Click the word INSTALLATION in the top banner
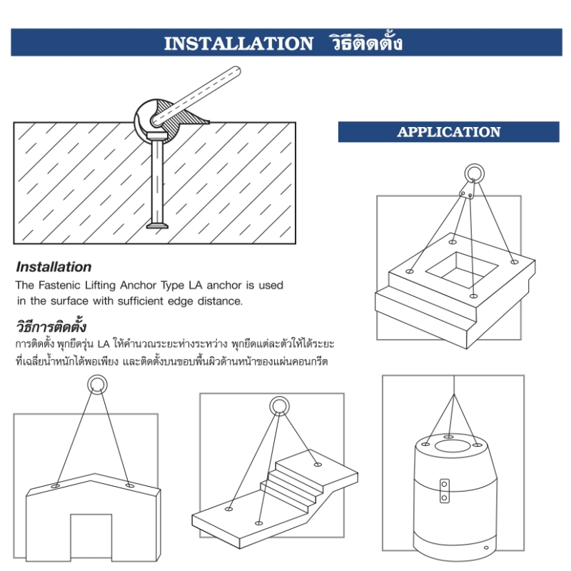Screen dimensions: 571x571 coord(238,44)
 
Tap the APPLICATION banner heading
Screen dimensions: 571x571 coord(449,132)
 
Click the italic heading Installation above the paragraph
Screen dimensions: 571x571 coord(54,267)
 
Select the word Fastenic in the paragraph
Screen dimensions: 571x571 coord(59,285)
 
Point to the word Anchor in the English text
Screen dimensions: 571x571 coord(138,285)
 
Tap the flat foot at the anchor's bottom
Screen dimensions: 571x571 coord(157,226)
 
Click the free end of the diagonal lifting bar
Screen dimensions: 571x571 coord(236,71)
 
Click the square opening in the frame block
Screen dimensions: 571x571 coord(461,270)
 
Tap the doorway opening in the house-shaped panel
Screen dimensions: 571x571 coord(91,537)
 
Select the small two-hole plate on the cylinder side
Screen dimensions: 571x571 coord(444,491)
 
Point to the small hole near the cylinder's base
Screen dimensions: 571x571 coord(486,547)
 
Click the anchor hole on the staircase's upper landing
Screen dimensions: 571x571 coord(318,465)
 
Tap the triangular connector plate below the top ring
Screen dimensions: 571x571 coord(468,191)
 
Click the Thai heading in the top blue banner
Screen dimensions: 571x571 coord(366,43)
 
